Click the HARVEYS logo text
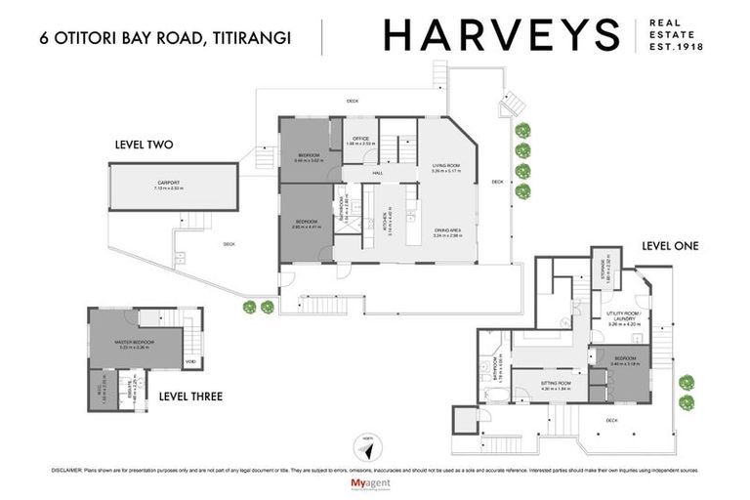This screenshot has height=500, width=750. click(x=501, y=36)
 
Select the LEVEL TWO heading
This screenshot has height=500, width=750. click(x=144, y=145)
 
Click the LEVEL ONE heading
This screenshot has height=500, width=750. click(x=670, y=246)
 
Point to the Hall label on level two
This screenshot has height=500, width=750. click(x=376, y=173)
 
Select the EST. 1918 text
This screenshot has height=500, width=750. click(x=678, y=46)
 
